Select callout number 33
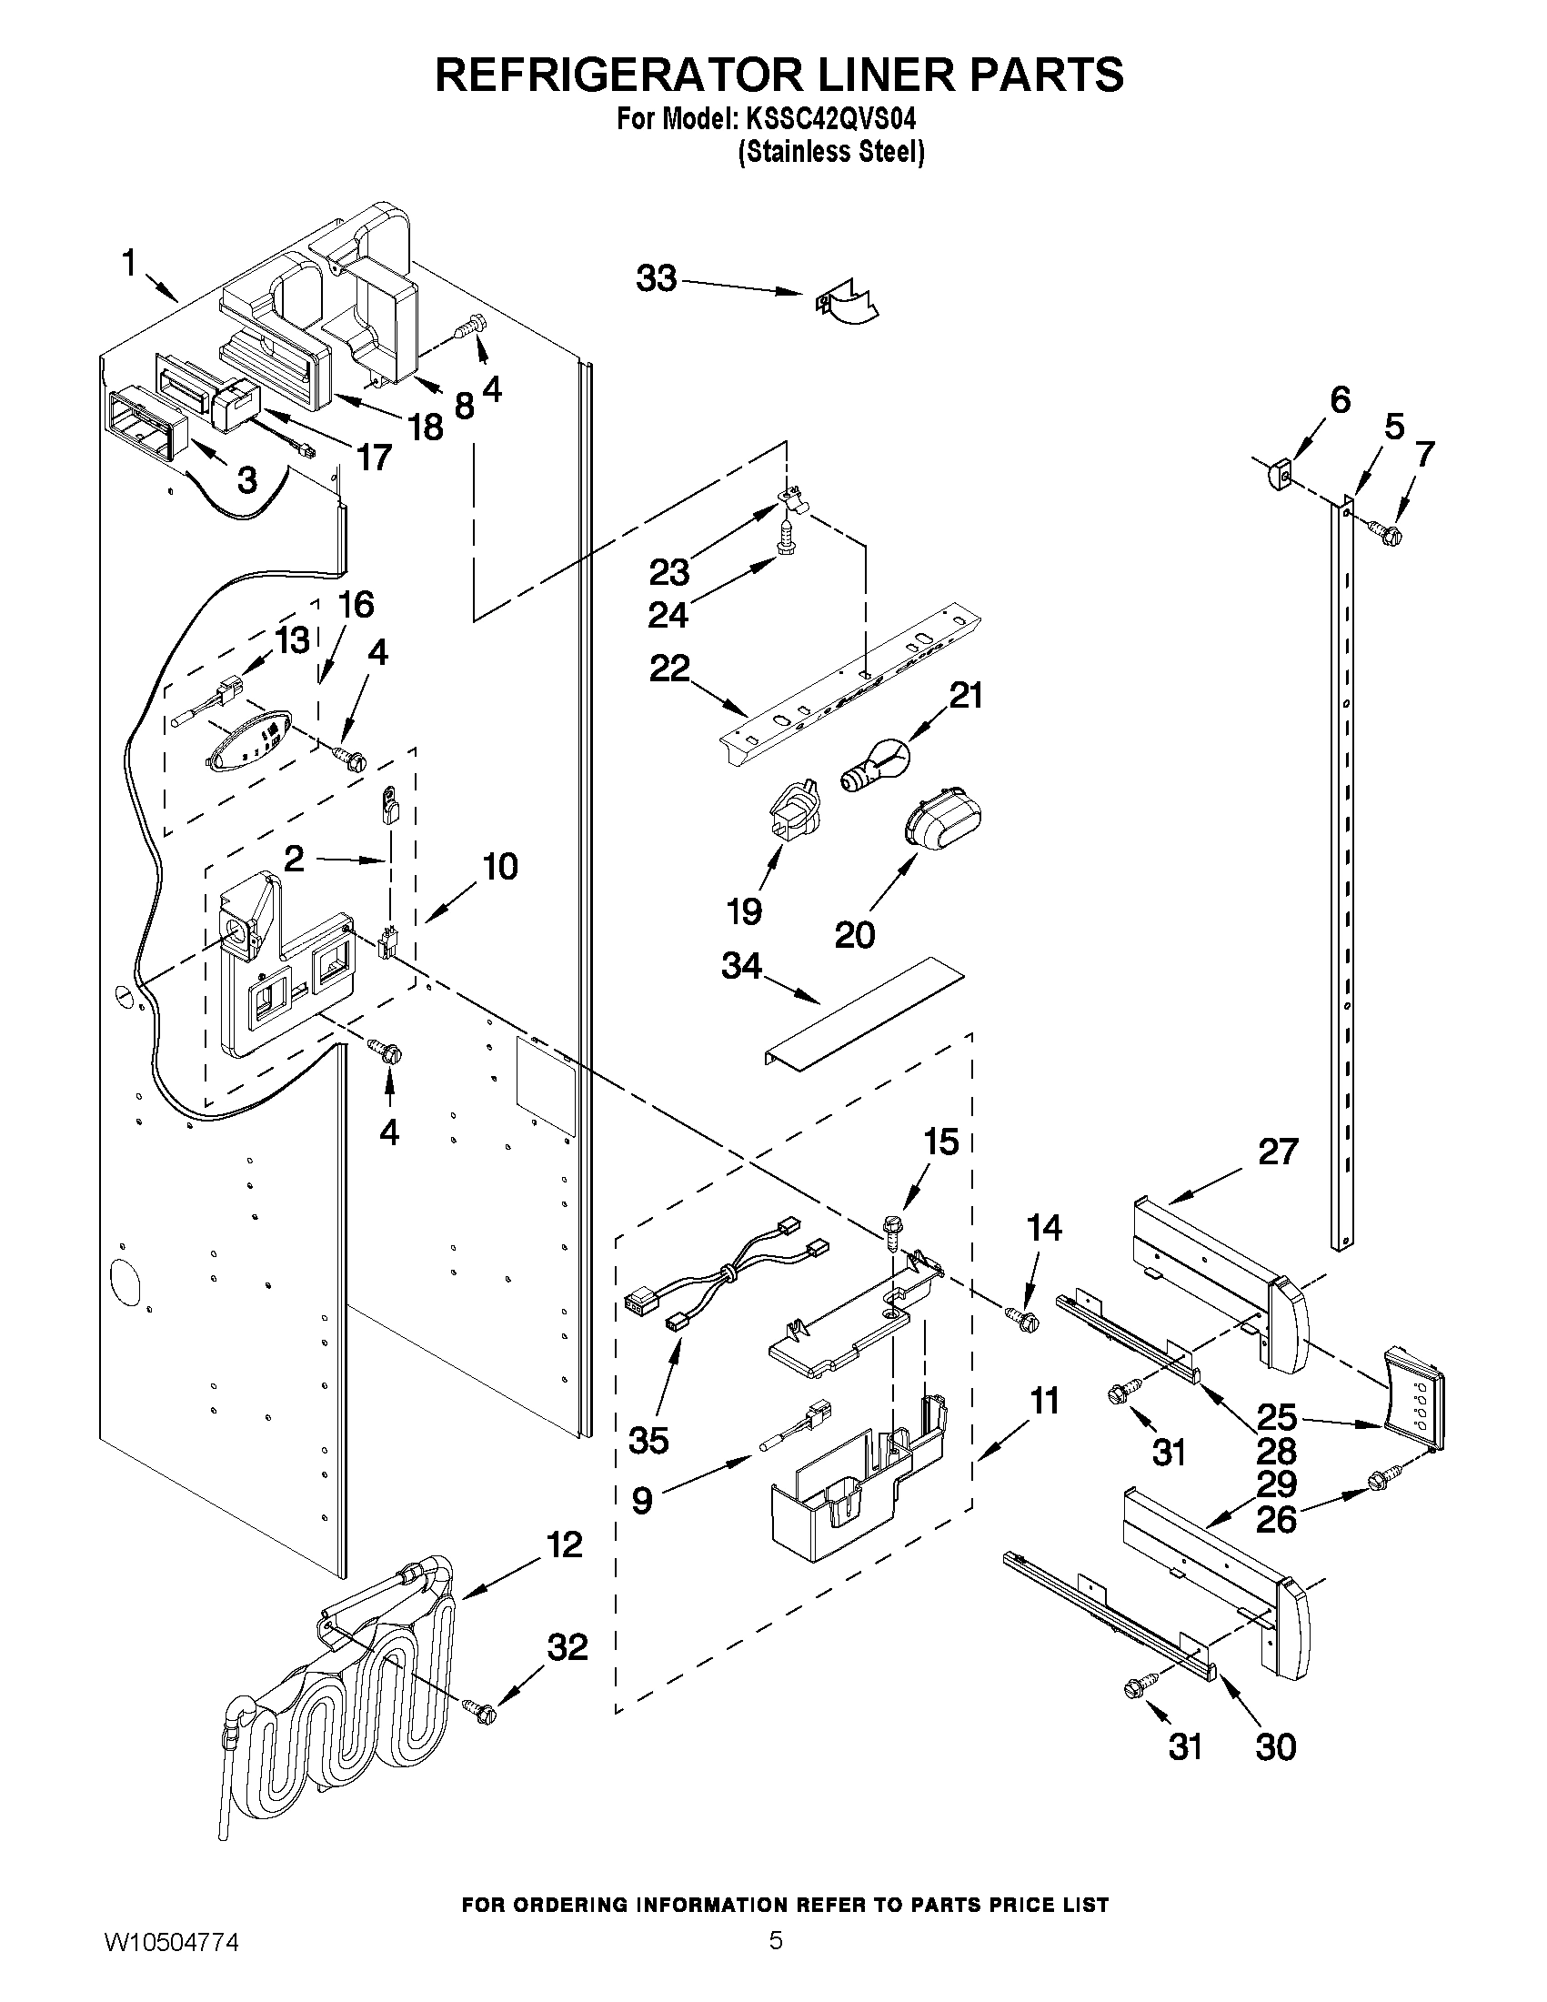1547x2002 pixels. coord(657,277)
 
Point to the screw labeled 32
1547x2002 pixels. coord(479,1709)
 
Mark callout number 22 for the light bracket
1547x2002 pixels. coord(669,668)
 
